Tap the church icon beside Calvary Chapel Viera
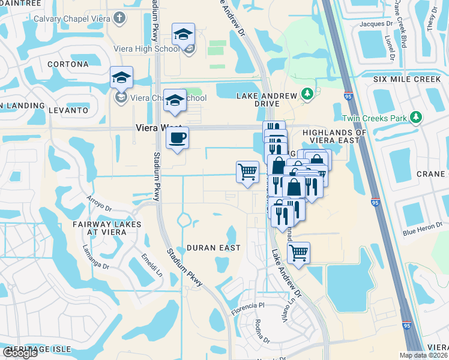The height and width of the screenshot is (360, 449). pyautogui.click(x=119, y=17)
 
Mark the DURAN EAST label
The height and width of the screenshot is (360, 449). pyautogui.click(x=213, y=247)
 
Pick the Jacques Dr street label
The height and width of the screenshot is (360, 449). pyautogui.click(x=376, y=25)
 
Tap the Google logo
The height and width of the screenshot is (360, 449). pyautogui.click(x=20, y=353)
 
